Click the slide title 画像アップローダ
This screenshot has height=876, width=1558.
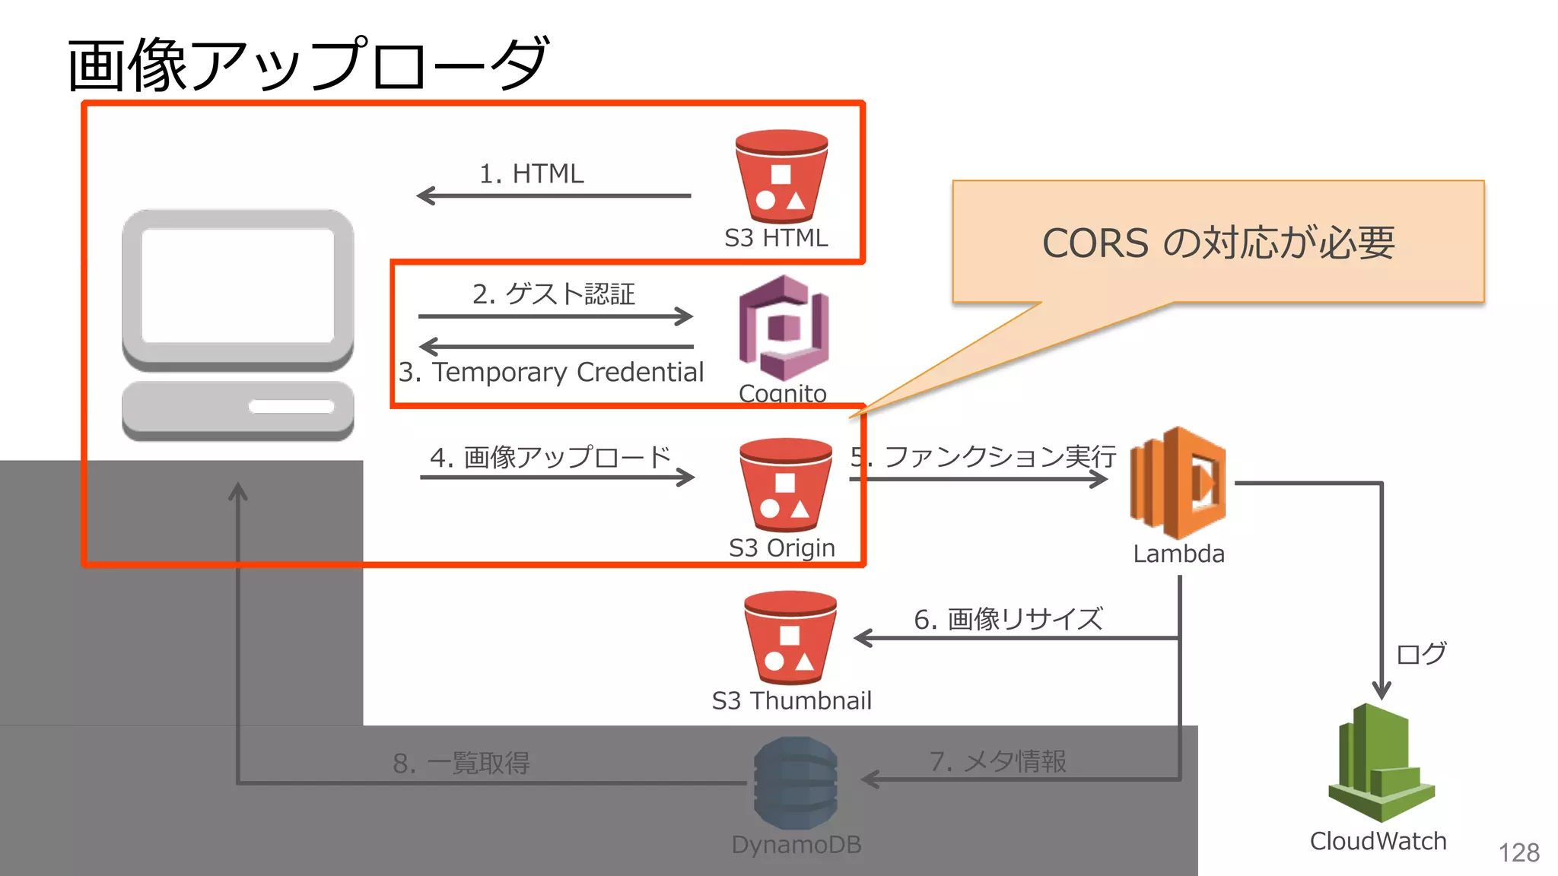[x=307, y=65]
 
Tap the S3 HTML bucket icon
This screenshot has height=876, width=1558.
[x=781, y=177]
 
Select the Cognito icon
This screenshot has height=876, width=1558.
[x=784, y=328]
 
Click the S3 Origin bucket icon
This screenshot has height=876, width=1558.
[x=786, y=485]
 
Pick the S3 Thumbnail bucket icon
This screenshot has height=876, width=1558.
[x=790, y=638]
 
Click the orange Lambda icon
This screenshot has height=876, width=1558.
[x=1178, y=484]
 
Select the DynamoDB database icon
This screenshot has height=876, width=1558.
[x=796, y=782]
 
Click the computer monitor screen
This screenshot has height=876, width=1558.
[x=237, y=286]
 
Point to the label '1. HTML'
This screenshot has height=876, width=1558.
[x=531, y=174]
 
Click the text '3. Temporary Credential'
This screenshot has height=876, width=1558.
[x=551, y=372]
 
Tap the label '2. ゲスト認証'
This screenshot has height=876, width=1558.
[x=553, y=294]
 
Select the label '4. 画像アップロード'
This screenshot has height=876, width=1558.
[x=550, y=457]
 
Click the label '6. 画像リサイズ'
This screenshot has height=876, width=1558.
[x=1007, y=619]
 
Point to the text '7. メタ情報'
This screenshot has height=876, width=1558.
[x=997, y=761]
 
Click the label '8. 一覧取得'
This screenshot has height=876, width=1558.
[x=461, y=763]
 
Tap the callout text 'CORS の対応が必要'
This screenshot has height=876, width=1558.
[x=1218, y=243]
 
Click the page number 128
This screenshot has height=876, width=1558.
[x=1518, y=852]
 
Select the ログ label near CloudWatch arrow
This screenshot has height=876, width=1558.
[x=1420, y=653]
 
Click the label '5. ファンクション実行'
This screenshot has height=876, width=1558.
[x=983, y=457]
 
